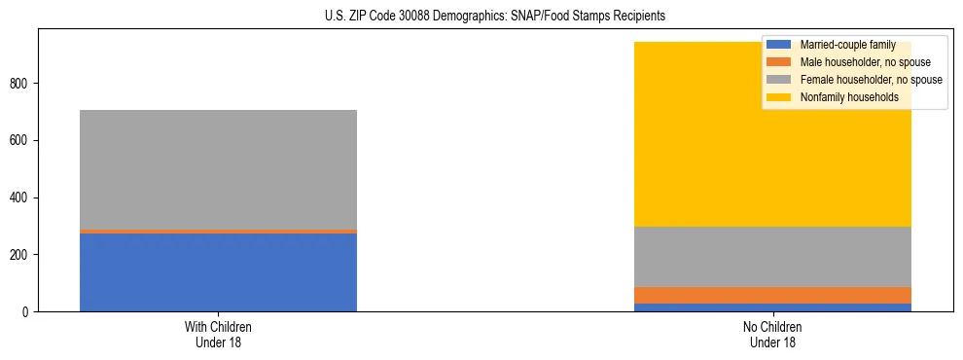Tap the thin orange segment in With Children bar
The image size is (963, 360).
pyautogui.click(x=218, y=232)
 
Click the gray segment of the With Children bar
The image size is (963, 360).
pyautogui.click(x=218, y=169)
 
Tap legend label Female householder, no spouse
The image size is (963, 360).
pyautogui.click(x=871, y=80)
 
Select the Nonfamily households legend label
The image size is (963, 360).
pyautogui.click(x=848, y=97)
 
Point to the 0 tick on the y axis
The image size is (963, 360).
pyautogui.click(x=28, y=311)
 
